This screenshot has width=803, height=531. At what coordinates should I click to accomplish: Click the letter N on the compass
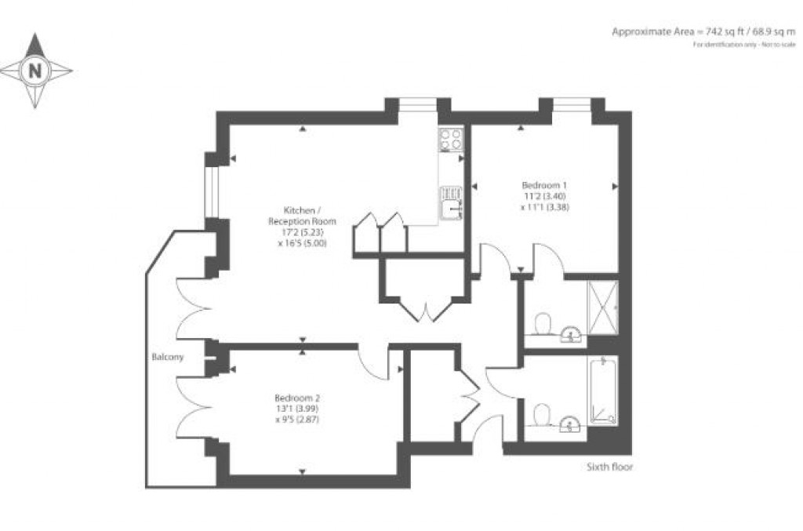pos(35,71)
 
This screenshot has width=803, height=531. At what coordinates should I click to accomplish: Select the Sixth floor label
pos(610,467)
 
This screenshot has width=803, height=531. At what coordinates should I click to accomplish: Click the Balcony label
pos(168,358)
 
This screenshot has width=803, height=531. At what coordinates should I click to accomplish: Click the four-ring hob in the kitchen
pos(450,140)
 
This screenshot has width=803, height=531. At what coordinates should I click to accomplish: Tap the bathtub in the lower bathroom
pos(603,391)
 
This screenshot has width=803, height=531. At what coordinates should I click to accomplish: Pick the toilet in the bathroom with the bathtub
pos(542,413)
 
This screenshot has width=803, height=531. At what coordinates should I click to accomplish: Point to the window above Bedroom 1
pos(572,103)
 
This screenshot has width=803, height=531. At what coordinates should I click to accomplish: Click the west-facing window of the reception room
pos(209,193)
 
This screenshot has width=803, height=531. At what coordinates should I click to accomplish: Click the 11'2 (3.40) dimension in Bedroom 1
pos(538,196)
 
